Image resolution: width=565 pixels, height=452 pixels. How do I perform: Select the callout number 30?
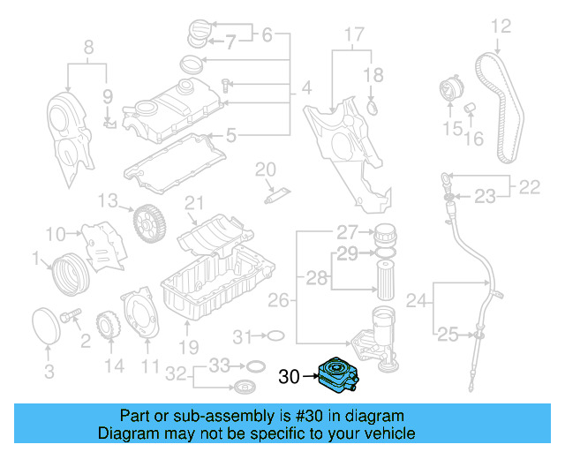tap(290, 378)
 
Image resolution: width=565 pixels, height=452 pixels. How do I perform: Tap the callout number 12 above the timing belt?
tap(501, 26)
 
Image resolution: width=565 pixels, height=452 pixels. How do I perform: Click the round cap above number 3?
tap(47, 323)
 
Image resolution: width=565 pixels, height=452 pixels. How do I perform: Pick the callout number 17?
tap(352, 36)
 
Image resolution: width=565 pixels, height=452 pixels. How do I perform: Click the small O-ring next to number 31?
tap(275, 336)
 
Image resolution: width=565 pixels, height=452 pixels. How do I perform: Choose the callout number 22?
tap(529, 187)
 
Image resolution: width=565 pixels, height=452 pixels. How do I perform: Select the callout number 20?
tap(266, 169)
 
